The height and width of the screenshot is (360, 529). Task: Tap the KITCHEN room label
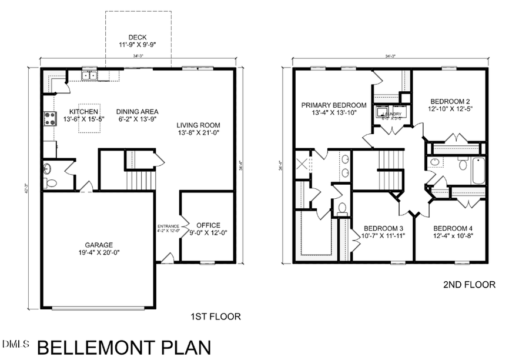tap(83, 112)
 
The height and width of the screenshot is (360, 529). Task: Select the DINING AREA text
tap(137, 112)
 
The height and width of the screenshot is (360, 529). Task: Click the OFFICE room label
tap(208, 225)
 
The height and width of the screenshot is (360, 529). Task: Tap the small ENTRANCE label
tap(168, 226)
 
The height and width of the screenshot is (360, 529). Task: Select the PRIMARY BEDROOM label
tap(333, 105)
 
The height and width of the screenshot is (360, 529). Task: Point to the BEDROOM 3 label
tap(383, 228)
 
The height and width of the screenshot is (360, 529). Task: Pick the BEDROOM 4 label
tap(453, 228)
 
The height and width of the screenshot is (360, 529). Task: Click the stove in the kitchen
tap(48, 119)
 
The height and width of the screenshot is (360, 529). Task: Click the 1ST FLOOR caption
tap(216, 316)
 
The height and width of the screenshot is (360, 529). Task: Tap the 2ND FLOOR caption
tap(468, 285)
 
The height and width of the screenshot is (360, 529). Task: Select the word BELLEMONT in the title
tap(98, 348)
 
